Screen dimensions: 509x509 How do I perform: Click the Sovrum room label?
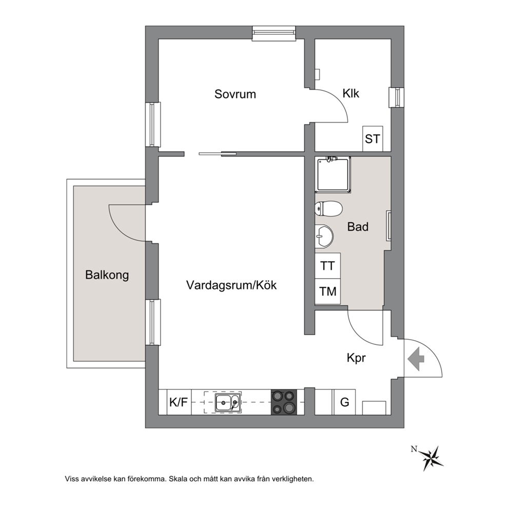(235, 94)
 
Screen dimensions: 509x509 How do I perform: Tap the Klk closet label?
(351, 93)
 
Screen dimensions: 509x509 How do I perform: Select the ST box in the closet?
(373, 139)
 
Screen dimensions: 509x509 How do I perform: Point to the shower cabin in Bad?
(334, 174)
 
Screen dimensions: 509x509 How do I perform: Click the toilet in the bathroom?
(328, 208)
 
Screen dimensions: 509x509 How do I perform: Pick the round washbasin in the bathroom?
(324, 236)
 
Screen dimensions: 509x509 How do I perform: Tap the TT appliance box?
(327, 266)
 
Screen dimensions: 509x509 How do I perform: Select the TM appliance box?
(327, 291)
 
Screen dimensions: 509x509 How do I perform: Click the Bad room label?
(358, 227)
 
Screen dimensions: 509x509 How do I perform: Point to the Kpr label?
(356, 358)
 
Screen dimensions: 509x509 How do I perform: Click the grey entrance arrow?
(416, 359)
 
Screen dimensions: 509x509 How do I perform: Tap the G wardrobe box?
(345, 402)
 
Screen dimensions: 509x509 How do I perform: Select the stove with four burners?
(284, 402)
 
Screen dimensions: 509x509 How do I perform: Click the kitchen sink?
(228, 403)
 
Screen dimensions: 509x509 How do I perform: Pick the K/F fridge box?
(179, 402)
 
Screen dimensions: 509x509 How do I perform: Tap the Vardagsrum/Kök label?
(231, 285)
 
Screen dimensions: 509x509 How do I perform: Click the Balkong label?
(107, 275)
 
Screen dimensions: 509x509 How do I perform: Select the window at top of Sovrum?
(275, 33)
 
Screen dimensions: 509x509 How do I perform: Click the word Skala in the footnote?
(177, 479)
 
